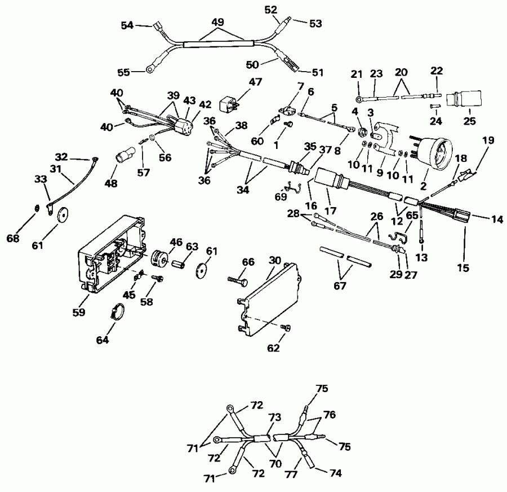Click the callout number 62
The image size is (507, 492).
click(273, 348)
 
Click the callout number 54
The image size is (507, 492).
click(128, 26)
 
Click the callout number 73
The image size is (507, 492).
click(274, 417)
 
